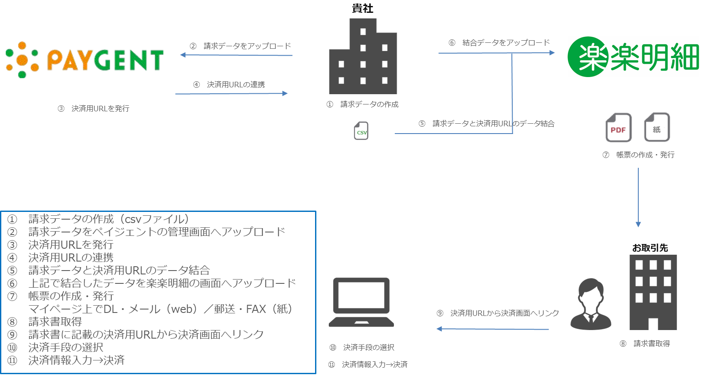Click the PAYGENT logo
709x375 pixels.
coord(88,60)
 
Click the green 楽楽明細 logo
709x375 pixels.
coord(633,57)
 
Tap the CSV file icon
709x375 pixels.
coord(362,131)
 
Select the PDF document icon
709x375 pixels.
coord(619,128)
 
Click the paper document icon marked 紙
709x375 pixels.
coord(658,128)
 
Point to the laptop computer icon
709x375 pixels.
coord(361,302)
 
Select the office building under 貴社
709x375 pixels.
coord(363,57)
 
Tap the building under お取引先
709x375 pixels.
coord(653,292)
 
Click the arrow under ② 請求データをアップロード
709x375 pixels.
coord(236,55)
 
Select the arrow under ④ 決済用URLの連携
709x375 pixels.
coord(231,93)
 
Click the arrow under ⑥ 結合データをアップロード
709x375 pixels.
coord(496,53)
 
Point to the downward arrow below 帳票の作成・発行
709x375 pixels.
coord(638,197)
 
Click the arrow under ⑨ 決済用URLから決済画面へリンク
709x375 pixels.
coord(493,329)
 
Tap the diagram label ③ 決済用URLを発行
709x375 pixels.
coord(93,109)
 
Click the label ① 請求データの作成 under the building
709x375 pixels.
coord(363,104)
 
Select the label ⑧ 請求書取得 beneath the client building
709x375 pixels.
coord(645,344)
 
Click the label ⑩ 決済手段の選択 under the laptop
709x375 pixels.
coord(362,348)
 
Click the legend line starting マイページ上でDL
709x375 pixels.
coord(160,309)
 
